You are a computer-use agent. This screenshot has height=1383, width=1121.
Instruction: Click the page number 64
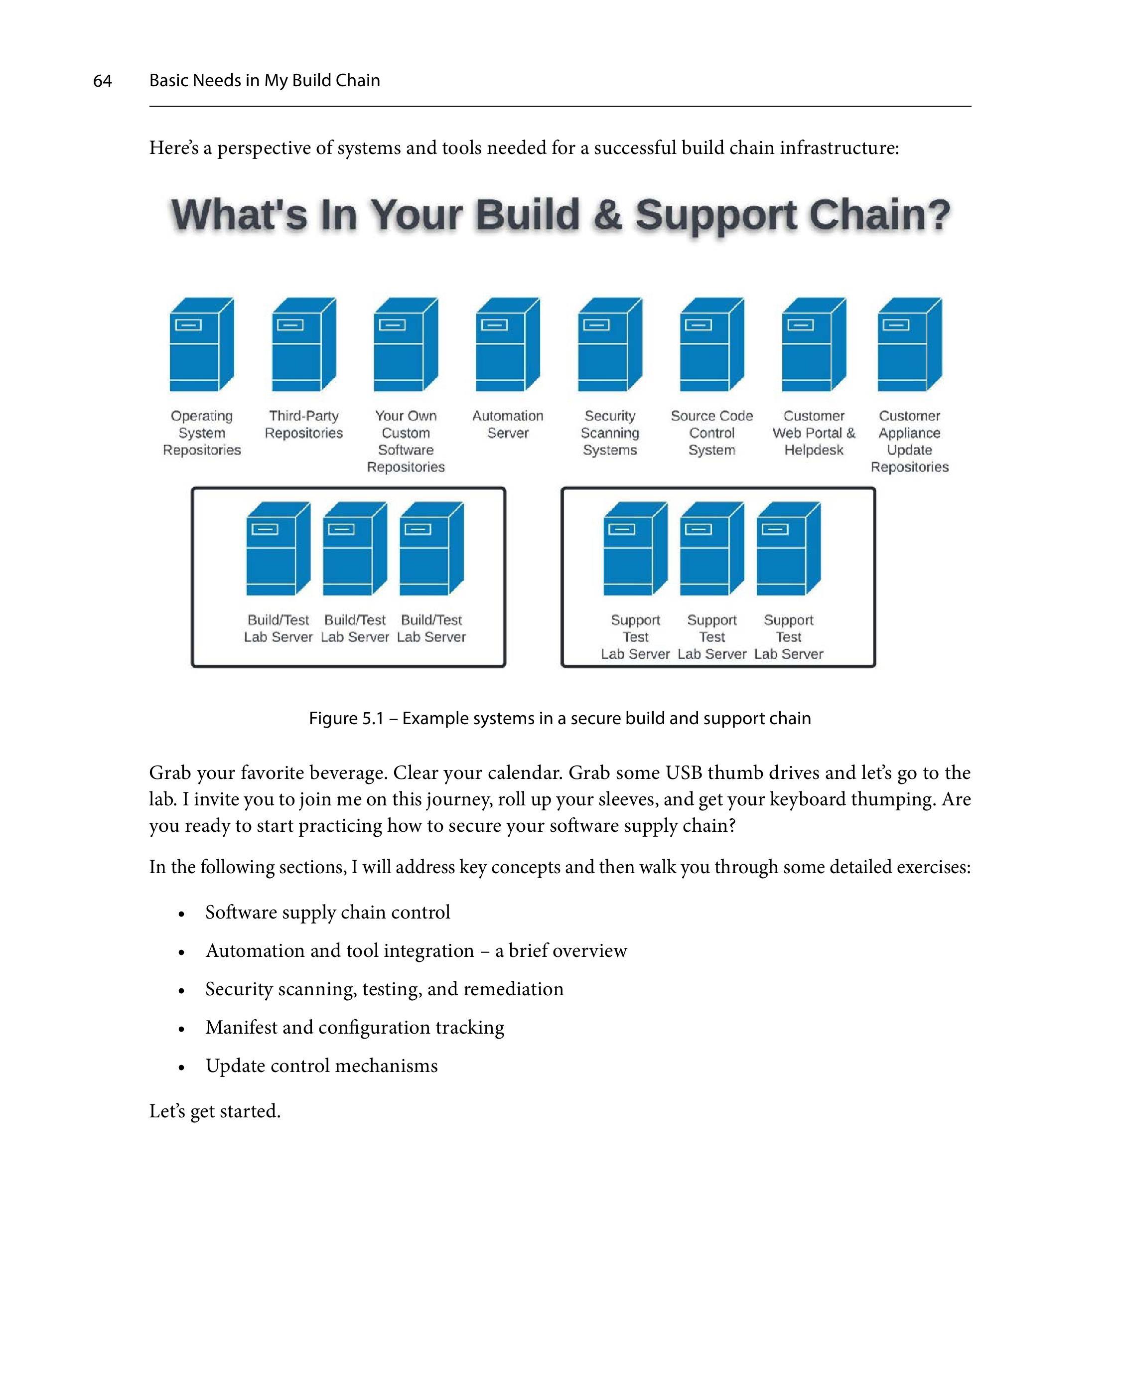point(103,81)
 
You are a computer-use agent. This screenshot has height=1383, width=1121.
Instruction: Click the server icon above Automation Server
point(508,344)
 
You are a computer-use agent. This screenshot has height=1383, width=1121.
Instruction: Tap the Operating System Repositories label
point(201,433)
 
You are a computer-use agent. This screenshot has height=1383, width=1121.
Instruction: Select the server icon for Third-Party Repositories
point(303,344)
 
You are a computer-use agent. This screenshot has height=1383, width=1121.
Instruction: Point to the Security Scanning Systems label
point(610,433)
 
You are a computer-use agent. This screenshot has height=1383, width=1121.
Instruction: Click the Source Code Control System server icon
point(711,344)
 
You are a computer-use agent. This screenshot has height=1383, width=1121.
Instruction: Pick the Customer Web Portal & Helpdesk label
point(814,433)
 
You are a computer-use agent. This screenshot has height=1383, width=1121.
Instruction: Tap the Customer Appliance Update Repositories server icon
point(909,344)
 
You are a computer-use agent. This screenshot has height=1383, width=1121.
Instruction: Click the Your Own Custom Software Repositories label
point(406,441)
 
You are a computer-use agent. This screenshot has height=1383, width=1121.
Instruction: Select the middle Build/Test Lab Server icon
point(355,548)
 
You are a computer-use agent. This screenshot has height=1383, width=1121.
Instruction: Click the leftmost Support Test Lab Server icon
point(635,548)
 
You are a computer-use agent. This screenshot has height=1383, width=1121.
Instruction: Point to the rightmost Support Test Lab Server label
point(789,637)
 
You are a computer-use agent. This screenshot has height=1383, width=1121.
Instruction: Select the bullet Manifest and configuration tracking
point(355,1027)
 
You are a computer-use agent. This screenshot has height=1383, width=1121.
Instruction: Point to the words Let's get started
point(215,1111)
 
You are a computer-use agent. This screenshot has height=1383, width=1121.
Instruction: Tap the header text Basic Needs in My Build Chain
point(265,81)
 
